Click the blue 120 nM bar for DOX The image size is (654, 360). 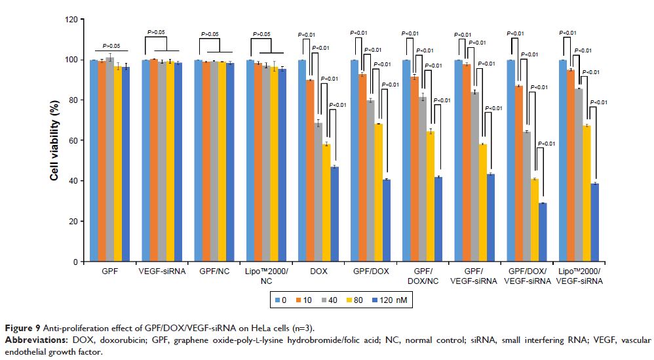pos(334,214)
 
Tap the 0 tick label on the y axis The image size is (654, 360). pos(77,262)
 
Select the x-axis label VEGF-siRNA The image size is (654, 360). pos(162,271)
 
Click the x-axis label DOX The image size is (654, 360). pos(318,271)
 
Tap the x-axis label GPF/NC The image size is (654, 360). pos(214,271)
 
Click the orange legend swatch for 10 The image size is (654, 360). pos(299,300)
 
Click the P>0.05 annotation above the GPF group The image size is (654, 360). pos(111,46)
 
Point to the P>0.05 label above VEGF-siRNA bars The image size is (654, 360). pos(156,31)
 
